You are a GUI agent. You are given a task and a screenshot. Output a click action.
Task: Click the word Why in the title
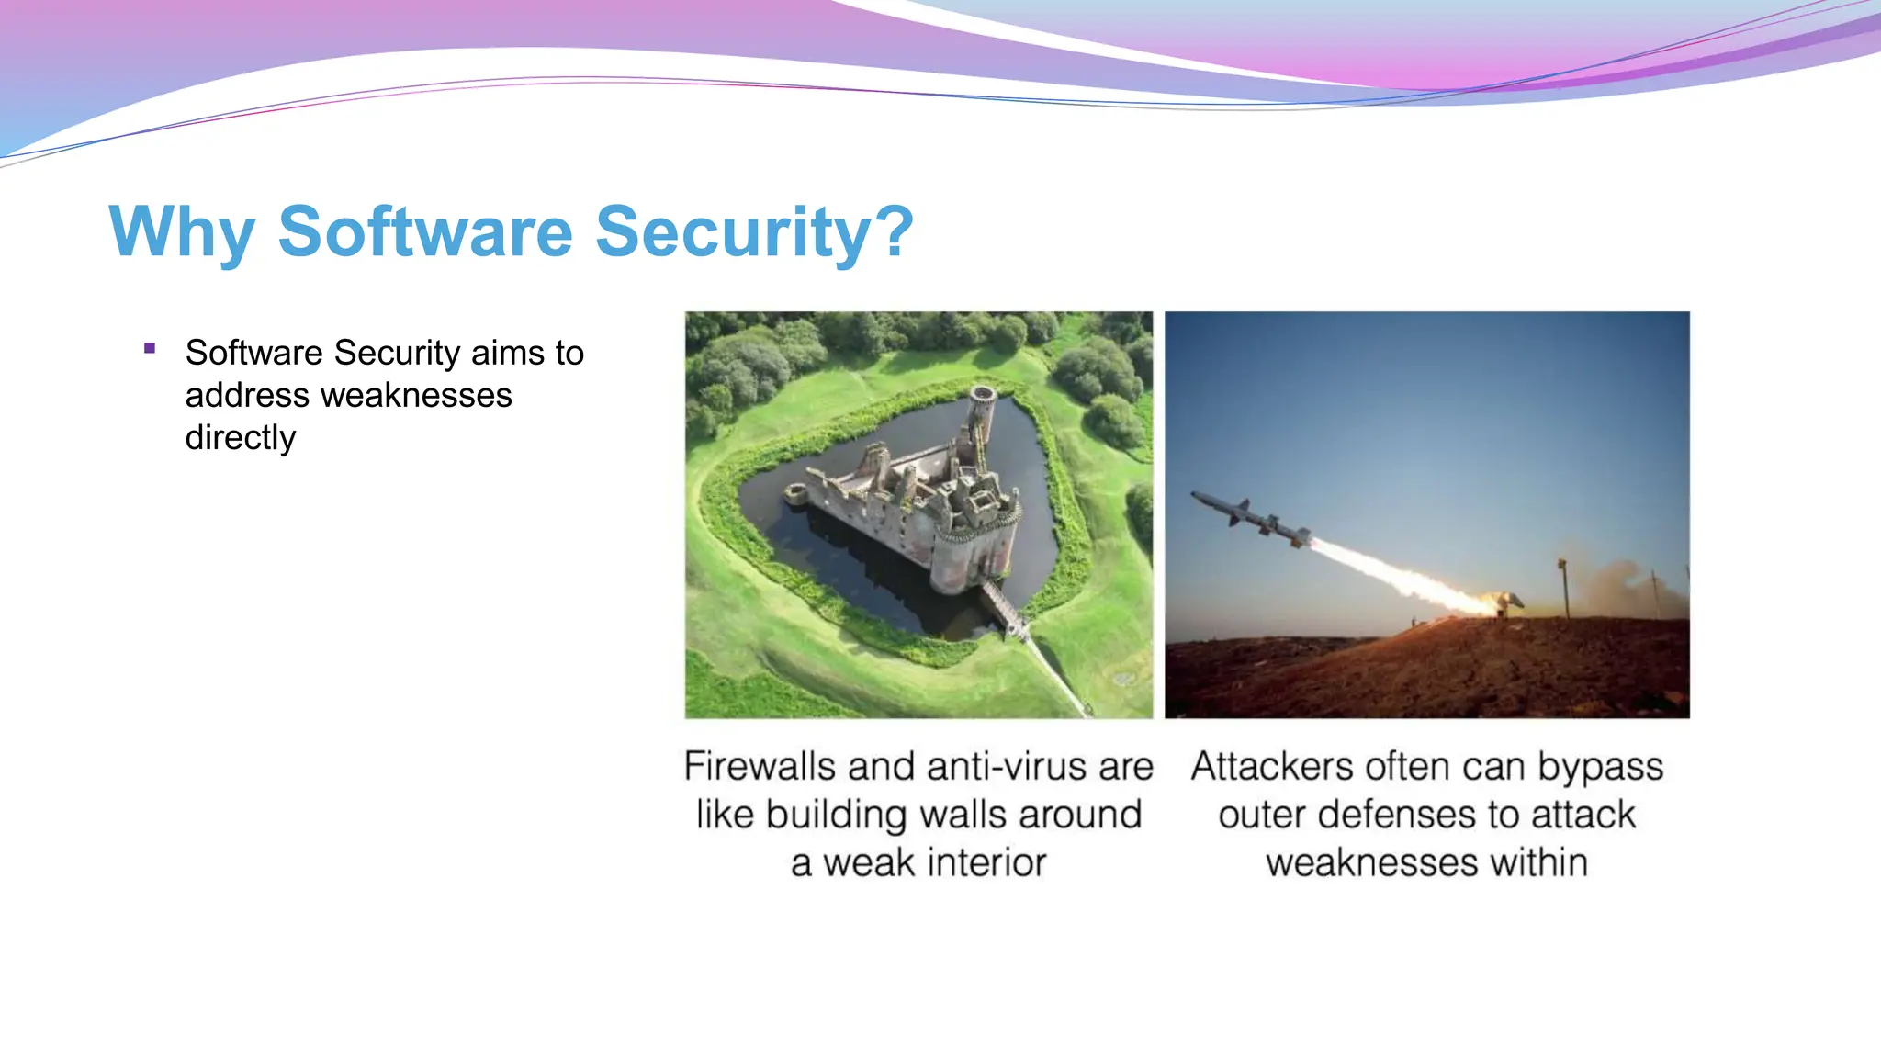point(182,231)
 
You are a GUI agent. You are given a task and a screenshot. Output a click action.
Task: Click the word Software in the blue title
point(424,231)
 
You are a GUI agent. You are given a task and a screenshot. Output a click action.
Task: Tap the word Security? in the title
point(754,231)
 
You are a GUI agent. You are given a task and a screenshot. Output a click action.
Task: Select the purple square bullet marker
point(150,348)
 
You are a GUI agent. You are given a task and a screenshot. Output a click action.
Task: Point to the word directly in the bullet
point(241,437)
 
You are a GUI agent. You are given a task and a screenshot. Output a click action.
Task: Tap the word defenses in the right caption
point(1398,815)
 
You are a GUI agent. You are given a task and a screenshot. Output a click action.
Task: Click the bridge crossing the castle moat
point(1005,610)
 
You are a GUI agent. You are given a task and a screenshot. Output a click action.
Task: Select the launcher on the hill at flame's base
point(1506,604)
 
